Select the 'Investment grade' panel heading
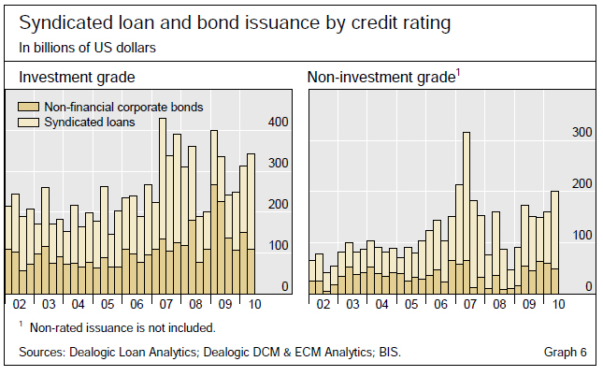click(x=76, y=77)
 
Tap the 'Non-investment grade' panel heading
click(x=382, y=77)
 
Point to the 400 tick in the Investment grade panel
click(x=280, y=123)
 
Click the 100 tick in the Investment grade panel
click(x=280, y=246)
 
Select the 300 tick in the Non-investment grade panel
click(x=582, y=133)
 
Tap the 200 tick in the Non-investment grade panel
click(x=582, y=184)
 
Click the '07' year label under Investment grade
click(x=165, y=305)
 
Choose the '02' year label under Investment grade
click(x=20, y=305)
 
